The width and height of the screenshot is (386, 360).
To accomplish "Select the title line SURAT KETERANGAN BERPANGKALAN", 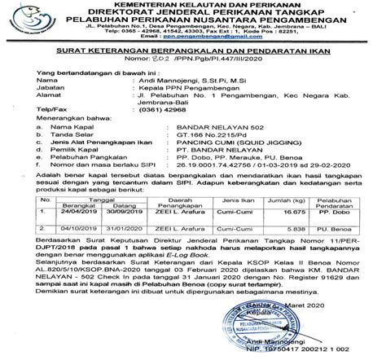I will [194, 49].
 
